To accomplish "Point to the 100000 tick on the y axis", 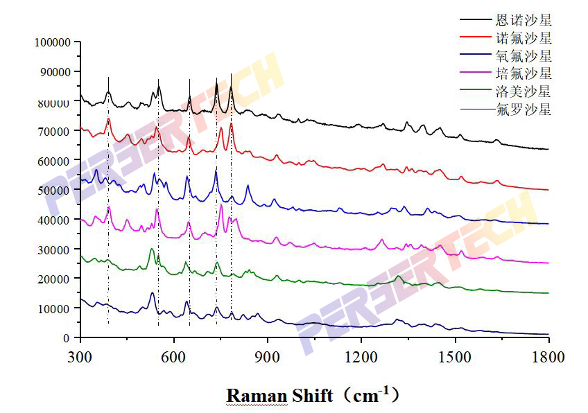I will click(53, 43).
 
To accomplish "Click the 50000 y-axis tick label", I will click(55, 191).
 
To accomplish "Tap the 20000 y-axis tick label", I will click(55, 279).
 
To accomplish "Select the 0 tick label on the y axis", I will click(67, 338).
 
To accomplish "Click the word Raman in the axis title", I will click(257, 396).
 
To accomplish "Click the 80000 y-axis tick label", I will click(55, 103).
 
